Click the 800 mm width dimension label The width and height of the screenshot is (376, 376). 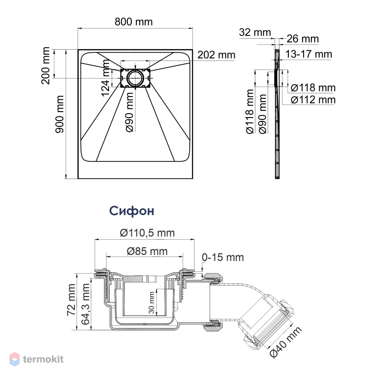133,22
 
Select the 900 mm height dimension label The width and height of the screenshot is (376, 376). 59,114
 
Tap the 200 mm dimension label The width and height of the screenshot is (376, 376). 45,65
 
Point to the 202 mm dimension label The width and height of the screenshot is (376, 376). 216,55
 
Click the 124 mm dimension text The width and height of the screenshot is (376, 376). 106,78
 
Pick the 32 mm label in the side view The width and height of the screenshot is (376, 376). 255,32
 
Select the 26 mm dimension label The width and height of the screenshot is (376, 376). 303,39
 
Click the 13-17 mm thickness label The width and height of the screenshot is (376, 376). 309,54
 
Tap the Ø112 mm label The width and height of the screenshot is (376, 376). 313,100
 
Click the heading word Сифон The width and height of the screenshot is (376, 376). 132,211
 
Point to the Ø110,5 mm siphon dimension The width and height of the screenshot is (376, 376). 147,233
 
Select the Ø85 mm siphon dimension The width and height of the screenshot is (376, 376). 147,251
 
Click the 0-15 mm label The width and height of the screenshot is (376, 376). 223,257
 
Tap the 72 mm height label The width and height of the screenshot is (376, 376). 71,300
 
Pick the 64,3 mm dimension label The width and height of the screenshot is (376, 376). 85,304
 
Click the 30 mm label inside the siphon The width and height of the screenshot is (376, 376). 152,303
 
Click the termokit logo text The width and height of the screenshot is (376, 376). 43,359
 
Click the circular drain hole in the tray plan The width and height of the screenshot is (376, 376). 135,78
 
